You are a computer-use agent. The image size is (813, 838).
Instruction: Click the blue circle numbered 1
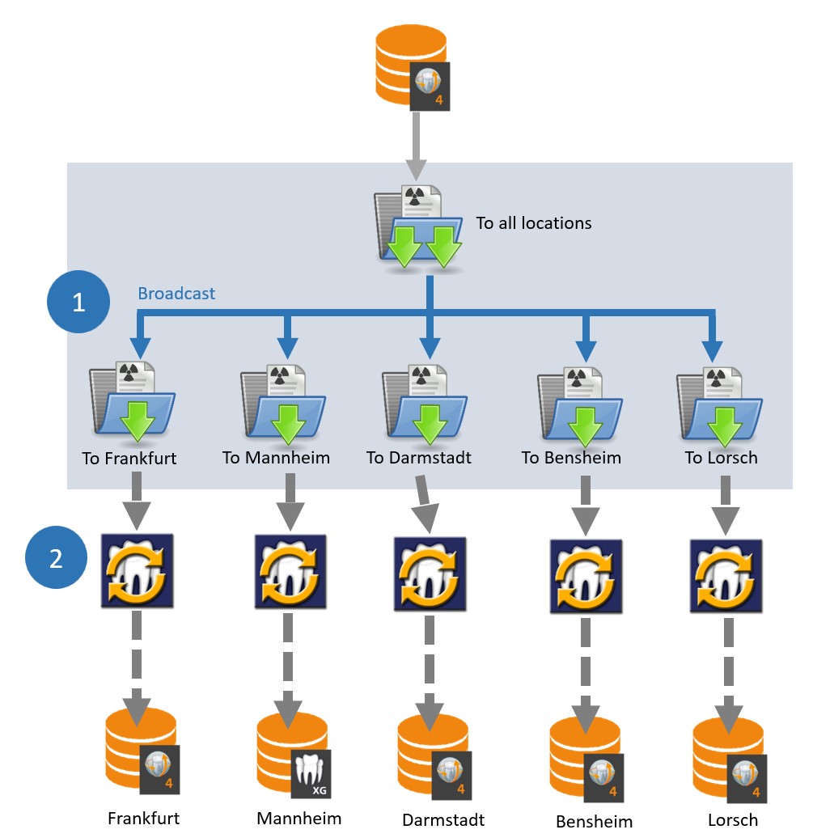pos(78,303)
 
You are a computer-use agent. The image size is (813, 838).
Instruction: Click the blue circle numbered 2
pos(56,559)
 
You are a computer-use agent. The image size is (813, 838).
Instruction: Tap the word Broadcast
pos(176,294)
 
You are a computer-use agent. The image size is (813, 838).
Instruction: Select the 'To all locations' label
pos(533,223)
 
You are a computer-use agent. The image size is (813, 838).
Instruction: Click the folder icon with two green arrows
pos(417,231)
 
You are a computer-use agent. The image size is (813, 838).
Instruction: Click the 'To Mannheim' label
pos(276,458)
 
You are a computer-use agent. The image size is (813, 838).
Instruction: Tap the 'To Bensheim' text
pos(571,458)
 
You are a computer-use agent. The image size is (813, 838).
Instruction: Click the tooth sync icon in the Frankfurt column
pos(136,571)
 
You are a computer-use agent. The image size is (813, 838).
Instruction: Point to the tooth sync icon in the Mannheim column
pos(290,571)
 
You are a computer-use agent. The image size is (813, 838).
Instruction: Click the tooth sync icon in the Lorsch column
pos(725,575)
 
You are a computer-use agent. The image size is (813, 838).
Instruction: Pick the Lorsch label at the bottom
pos(733,819)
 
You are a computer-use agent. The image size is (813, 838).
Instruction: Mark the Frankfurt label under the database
pos(143,818)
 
